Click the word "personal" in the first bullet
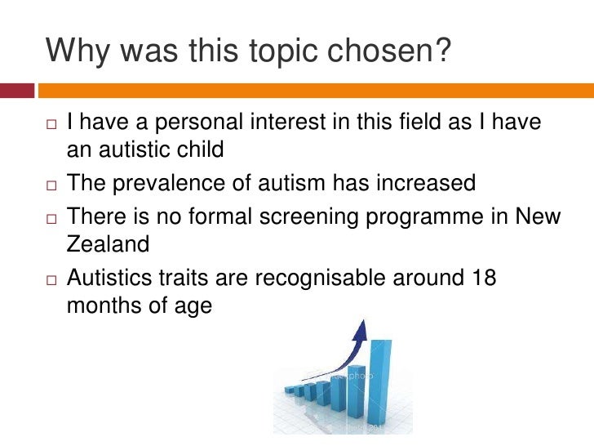(x=215, y=123)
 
